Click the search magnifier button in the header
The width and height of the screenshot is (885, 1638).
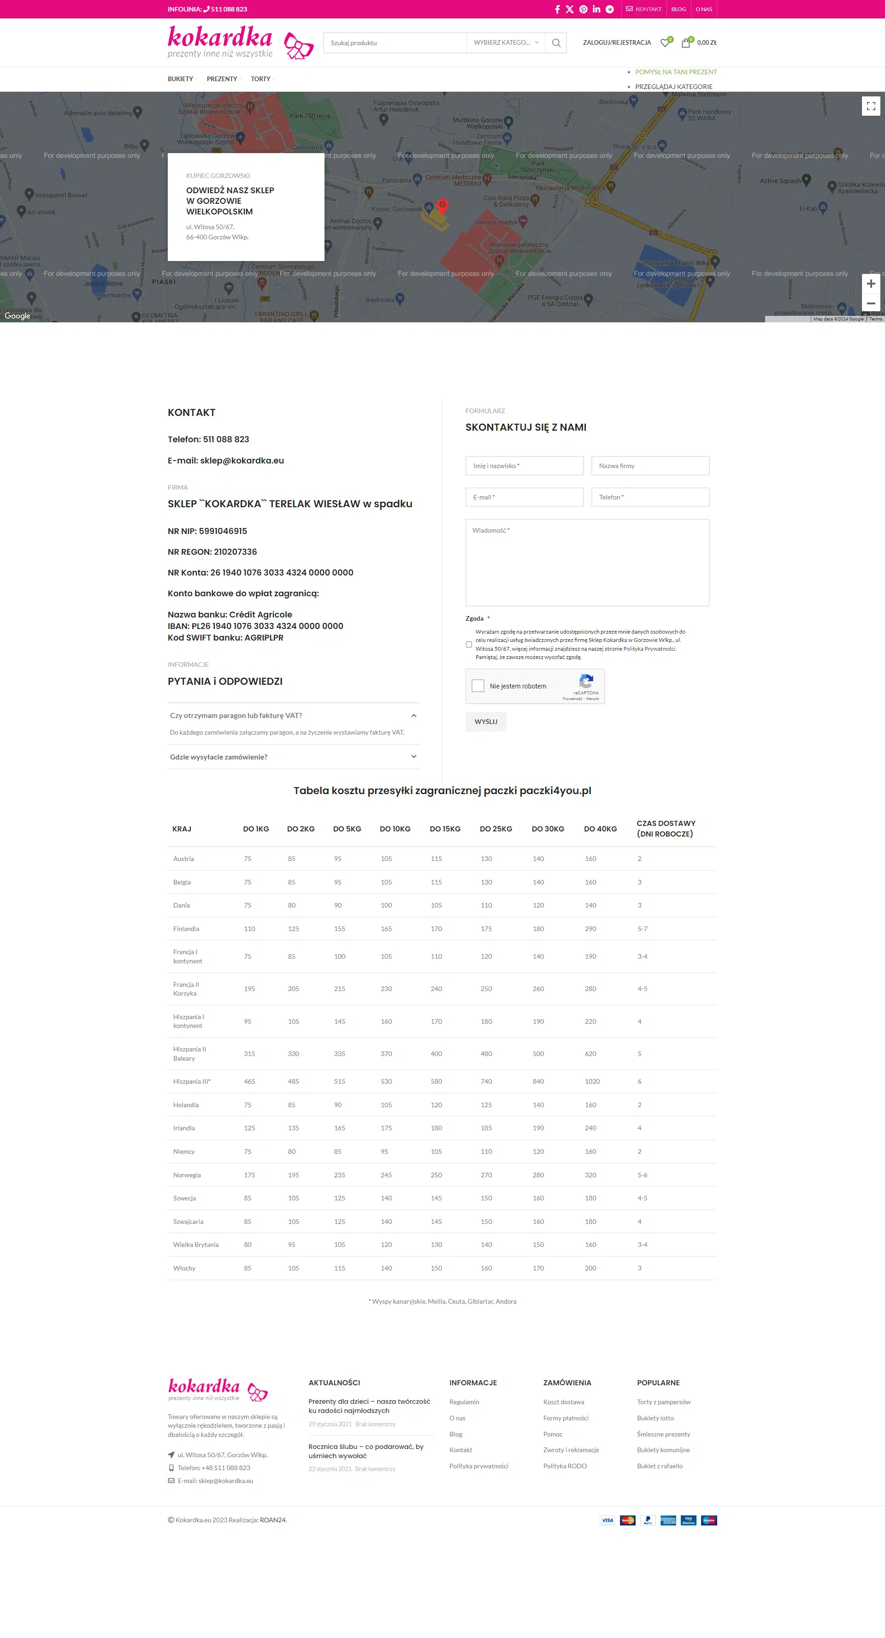tap(556, 42)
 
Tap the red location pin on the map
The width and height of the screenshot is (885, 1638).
tap(442, 205)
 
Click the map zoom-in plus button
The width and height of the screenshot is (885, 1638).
tap(870, 284)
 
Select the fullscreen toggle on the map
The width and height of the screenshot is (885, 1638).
tap(870, 106)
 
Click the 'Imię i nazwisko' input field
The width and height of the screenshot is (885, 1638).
tap(524, 465)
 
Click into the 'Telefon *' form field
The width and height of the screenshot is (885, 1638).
tap(650, 497)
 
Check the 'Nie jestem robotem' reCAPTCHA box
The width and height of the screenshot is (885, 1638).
tap(478, 685)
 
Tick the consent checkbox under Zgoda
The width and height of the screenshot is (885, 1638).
tap(469, 644)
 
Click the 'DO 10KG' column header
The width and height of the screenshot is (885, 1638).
tap(395, 829)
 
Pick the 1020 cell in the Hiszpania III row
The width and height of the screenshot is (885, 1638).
tap(592, 1081)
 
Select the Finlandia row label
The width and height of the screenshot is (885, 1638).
tap(186, 928)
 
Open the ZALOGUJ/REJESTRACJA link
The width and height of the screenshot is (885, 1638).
tap(617, 42)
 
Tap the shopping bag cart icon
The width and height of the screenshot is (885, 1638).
tap(685, 42)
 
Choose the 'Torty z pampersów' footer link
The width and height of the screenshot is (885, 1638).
tap(663, 1401)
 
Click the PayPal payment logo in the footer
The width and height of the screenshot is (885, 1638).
tap(647, 1520)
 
